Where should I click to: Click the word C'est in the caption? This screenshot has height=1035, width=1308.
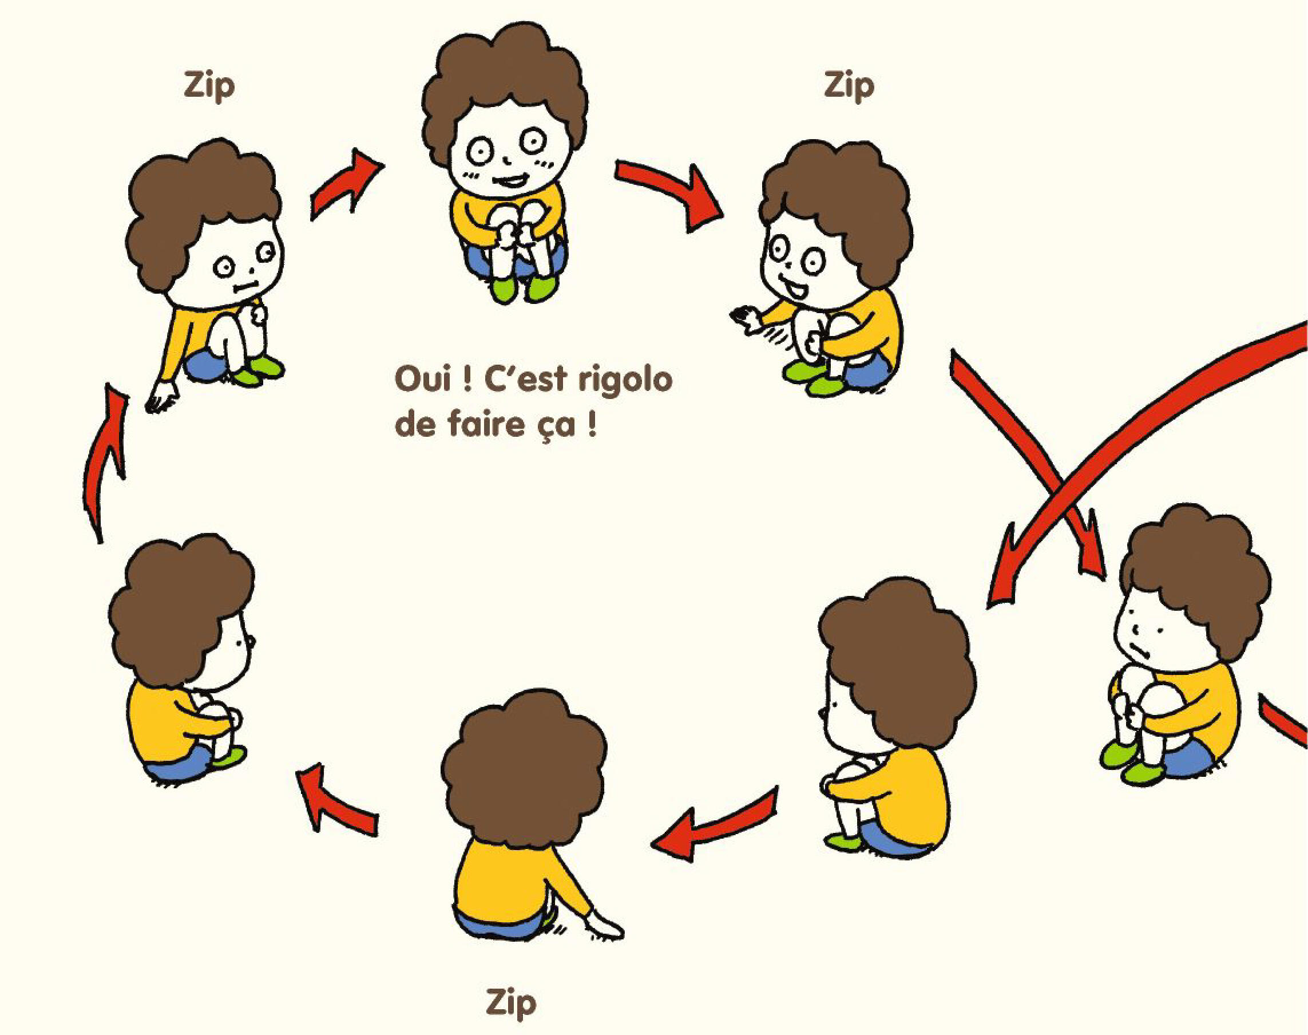click(526, 379)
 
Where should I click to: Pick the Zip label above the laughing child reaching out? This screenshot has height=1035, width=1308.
click(849, 86)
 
